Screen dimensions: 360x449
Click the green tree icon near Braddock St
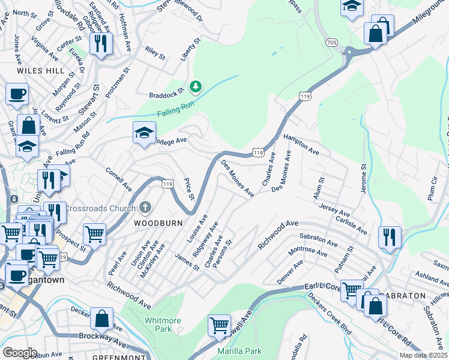(195, 88)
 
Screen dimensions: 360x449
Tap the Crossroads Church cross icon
(145, 208)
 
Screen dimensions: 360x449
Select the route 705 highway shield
(332, 43)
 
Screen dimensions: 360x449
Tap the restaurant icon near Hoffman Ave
(100, 44)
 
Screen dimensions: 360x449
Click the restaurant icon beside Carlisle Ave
(390, 236)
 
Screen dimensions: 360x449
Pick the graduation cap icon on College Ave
(144, 133)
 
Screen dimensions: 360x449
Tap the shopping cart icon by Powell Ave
(219, 325)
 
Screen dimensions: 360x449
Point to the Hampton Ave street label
(301, 145)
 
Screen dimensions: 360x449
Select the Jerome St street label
(363, 178)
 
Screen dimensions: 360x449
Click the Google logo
(20, 353)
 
